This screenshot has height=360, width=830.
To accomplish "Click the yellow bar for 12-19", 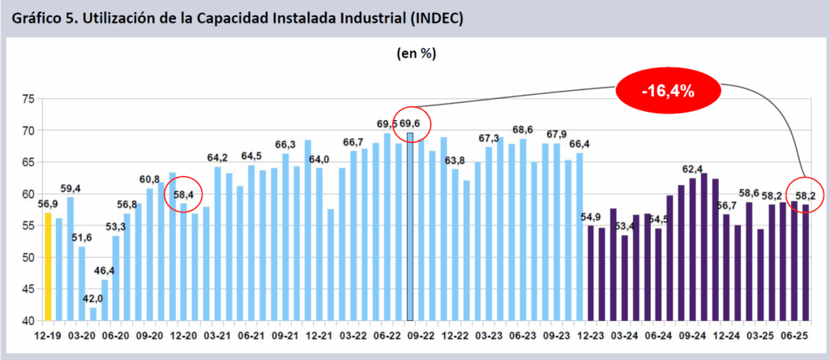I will pos(48,267).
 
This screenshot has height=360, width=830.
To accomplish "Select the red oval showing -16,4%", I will pos(668,91).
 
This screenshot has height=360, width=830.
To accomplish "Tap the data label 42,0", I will pos(93,298).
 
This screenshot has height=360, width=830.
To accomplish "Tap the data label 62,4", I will pos(692,169).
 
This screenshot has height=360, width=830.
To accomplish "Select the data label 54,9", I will pos(590,217).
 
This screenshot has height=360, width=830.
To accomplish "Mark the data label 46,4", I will pos(105,270).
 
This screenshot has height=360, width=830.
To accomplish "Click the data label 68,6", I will pos(522,130).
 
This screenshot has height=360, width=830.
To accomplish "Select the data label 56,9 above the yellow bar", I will pos(48,204).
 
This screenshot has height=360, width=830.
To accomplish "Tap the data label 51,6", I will pos(82,237).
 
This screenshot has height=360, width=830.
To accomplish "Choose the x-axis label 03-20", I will pos(82,335).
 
